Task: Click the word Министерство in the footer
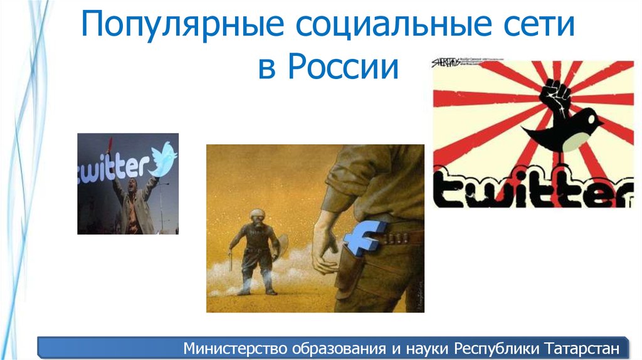tap(232, 347)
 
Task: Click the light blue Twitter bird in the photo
tap(164, 158)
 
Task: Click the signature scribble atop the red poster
tap(446, 63)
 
